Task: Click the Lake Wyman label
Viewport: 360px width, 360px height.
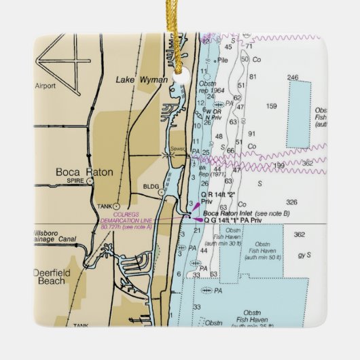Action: (141, 79)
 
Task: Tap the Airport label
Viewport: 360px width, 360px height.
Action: (45, 86)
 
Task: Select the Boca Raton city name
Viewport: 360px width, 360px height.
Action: (84, 173)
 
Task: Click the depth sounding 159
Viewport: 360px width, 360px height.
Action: (272, 106)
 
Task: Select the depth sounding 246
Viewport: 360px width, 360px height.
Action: (293, 77)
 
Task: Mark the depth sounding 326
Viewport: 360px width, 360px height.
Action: (292, 202)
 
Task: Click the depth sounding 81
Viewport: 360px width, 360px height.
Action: (252, 76)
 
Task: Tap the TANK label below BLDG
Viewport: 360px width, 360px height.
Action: (103, 206)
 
